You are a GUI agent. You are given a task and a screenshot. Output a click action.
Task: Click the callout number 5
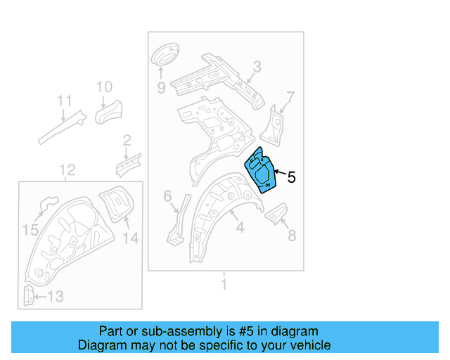(291, 178)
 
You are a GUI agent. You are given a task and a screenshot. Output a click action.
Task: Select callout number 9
(161, 88)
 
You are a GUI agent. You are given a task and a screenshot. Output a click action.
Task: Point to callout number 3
(257, 67)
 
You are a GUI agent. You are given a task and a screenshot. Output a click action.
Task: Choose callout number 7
(290, 96)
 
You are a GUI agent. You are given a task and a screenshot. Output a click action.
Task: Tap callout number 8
(291, 236)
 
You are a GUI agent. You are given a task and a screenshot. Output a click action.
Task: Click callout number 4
(240, 227)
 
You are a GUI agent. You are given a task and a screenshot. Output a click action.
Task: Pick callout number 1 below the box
(224, 285)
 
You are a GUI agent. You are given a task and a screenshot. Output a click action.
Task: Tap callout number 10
(103, 87)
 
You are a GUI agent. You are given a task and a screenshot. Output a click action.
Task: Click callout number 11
(64, 101)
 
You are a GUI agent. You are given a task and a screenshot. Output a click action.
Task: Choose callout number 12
(67, 169)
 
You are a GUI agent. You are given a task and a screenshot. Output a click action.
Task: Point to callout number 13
(54, 297)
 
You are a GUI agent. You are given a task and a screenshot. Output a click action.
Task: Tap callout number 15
(31, 229)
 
